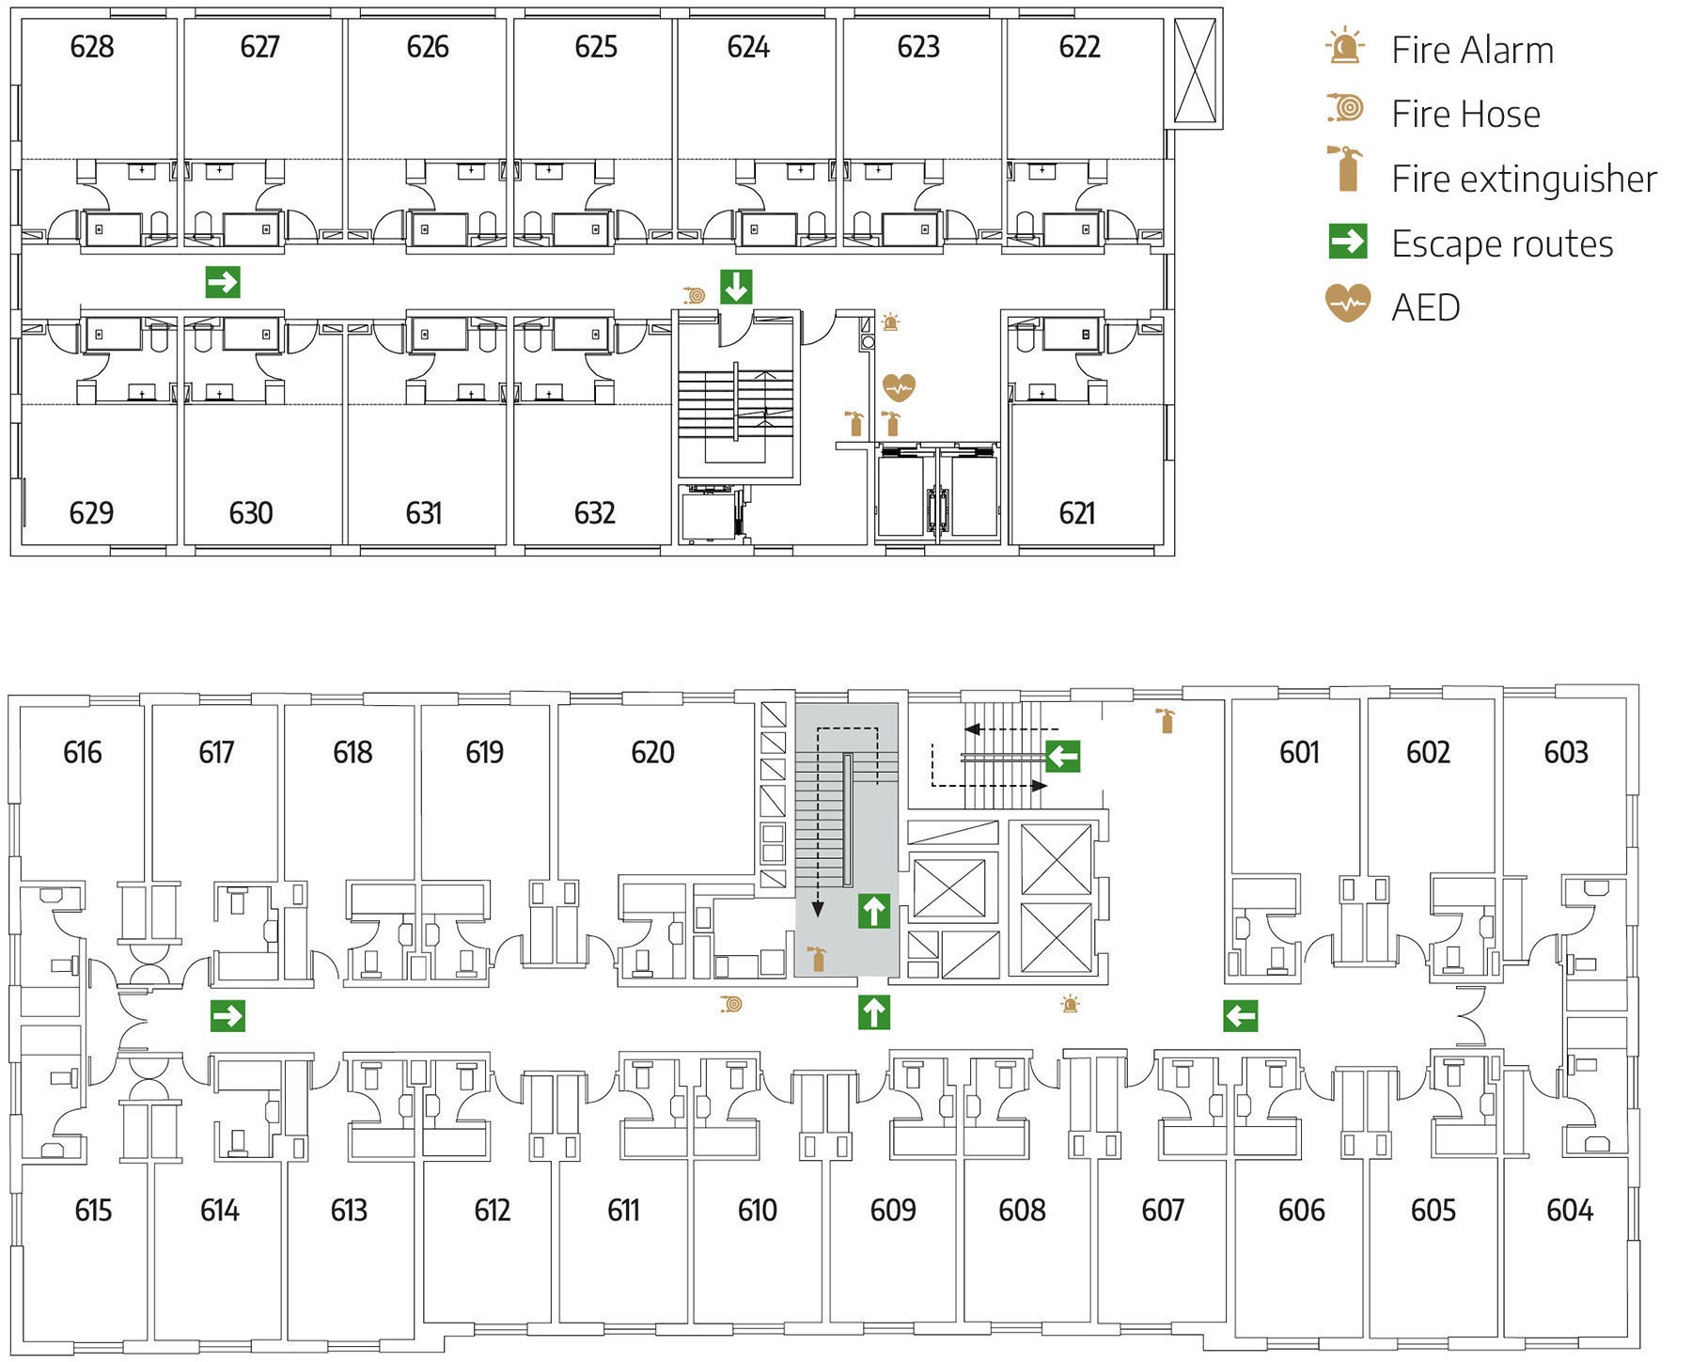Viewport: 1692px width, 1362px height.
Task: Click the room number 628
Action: click(x=92, y=46)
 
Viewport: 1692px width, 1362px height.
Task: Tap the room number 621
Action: click(x=1076, y=513)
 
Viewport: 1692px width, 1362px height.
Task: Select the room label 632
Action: click(x=594, y=513)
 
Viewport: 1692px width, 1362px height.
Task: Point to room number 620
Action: click(x=652, y=752)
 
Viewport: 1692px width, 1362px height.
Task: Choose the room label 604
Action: click(x=1569, y=1210)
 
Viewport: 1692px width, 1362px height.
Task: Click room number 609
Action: click(x=892, y=1210)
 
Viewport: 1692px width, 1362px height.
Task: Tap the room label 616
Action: click(x=83, y=752)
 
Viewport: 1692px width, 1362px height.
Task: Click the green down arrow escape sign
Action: click(x=736, y=287)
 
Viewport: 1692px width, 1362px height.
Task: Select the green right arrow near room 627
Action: click(x=223, y=281)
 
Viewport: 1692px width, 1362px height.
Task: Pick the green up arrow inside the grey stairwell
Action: click(x=874, y=911)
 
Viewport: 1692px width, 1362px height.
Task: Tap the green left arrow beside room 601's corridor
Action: click(x=1240, y=1015)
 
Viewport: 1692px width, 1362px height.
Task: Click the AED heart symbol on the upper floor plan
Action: click(x=899, y=386)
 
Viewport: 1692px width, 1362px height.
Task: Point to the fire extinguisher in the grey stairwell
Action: click(x=817, y=958)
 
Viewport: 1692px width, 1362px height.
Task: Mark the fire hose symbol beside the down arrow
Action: click(x=696, y=295)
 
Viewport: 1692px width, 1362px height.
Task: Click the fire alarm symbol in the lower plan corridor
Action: click(x=1070, y=1004)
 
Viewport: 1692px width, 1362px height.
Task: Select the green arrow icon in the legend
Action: click(x=1347, y=242)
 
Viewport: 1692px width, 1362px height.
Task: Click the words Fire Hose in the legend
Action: click(x=1465, y=115)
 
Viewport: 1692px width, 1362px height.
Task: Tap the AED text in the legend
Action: click(x=1425, y=307)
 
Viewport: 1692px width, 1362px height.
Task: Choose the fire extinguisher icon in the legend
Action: click(x=1346, y=170)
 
